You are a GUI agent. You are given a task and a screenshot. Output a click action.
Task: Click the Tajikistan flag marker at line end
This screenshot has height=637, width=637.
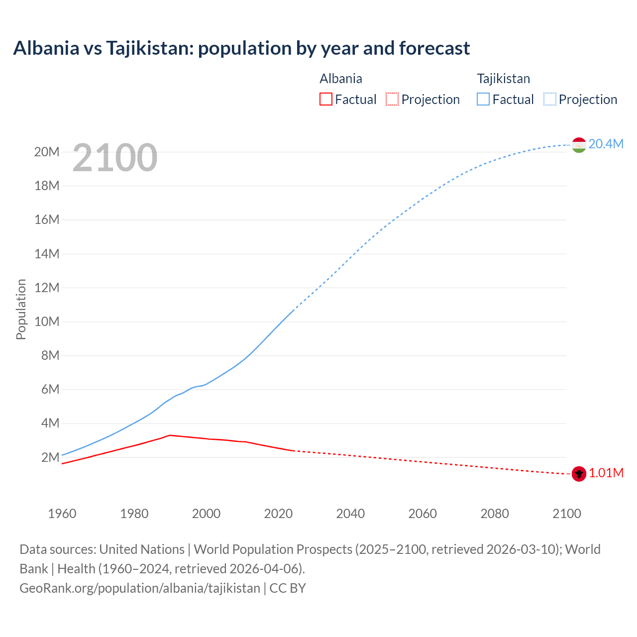pyautogui.click(x=579, y=145)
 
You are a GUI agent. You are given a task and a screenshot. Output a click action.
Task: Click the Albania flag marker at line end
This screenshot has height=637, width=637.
pyautogui.click(x=579, y=474)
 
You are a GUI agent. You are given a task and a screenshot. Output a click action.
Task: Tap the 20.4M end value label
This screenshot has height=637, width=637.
pyautogui.click(x=606, y=144)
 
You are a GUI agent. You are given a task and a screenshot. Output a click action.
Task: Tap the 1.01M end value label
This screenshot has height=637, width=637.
pyautogui.click(x=606, y=473)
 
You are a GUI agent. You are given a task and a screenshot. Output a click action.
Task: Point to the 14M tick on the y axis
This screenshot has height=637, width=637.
pyautogui.click(x=47, y=254)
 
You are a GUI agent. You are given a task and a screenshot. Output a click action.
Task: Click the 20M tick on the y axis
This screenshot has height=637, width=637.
pyautogui.click(x=47, y=152)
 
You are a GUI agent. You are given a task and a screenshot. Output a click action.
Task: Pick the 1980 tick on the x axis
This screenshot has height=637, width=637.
pyautogui.click(x=134, y=514)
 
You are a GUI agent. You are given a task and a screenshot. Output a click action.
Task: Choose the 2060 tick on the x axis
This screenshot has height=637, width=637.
pyautogui.click(x=423, y=514)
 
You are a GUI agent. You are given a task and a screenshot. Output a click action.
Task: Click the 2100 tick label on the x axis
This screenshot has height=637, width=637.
pyautogui.click(x=566, y=514)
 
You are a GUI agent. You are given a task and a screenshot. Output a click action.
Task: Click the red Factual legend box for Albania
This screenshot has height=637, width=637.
pyautogui.click(x=326, y=99)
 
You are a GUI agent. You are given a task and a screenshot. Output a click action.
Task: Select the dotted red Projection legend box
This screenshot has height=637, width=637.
pyautogui.click(x=392, y=99)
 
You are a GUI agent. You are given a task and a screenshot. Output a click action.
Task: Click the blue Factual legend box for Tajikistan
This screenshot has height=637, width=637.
pyautogui.click(x=483, y=99)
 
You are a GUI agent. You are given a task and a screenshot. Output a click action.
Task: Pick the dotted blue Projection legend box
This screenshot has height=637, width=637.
pyautogui.click(x=549, y=99)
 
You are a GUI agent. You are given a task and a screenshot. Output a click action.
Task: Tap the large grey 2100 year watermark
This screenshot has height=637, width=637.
pyautogui.click(x=115, y=158)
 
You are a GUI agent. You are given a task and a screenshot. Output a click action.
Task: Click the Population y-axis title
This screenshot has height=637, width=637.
pyautogui.click(x=21, y=309)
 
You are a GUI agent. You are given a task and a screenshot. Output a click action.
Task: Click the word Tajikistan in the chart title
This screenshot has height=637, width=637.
pyautogui.click(x=149, y=48)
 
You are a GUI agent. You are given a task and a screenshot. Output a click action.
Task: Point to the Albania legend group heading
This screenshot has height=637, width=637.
pyautogui.click(x=340, y=79)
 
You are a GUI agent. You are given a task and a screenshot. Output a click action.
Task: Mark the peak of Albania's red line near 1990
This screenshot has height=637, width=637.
pyautogui.click(x=170, y=435)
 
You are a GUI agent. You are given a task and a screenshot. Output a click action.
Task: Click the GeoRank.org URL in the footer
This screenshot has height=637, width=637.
pyautogui.click(x=140, y=588)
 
